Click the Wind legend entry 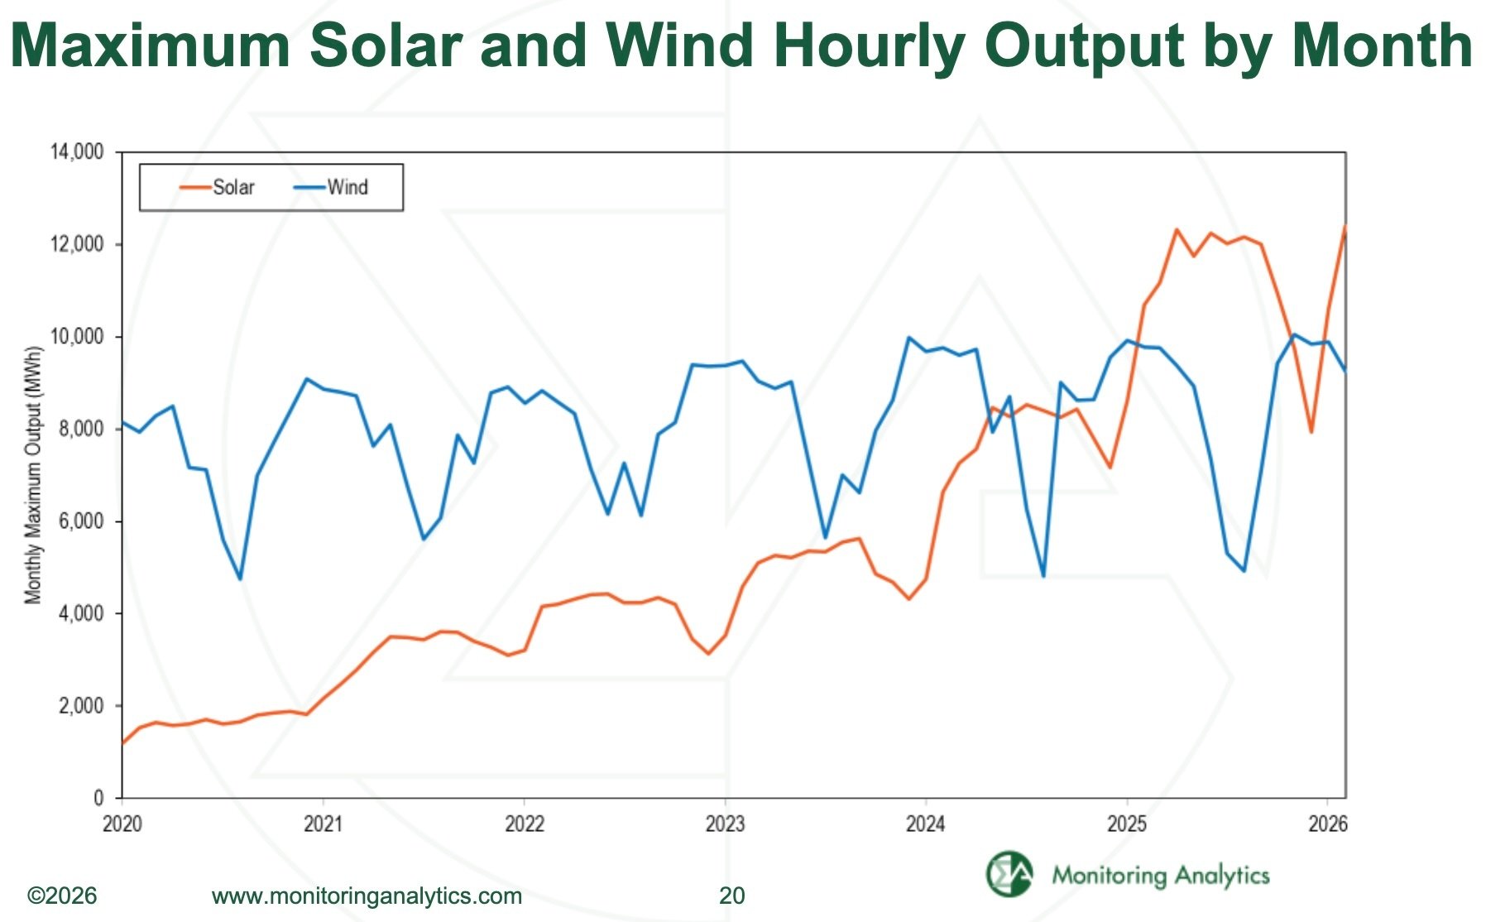pos(332,188)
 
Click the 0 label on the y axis pos(98,798)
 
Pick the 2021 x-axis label pos(323,824)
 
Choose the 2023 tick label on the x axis pos(725,824)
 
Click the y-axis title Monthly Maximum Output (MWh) pos(33,474)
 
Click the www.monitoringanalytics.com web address pos(367,896)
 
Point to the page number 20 pos(731,896)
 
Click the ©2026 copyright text pos(62,896)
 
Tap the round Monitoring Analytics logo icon pos(1009,873)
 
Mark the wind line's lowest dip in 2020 pos(240,579)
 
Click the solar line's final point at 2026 pos(1345,226)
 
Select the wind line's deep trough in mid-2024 pos(1043,575)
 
